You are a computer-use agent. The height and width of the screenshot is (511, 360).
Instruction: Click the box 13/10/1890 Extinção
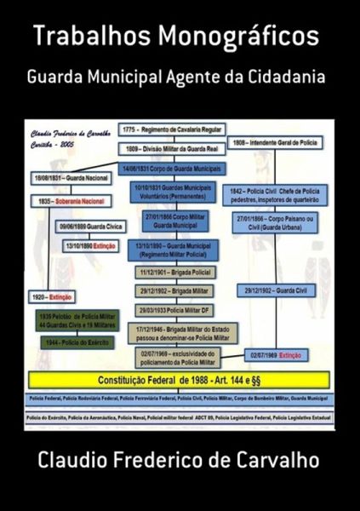point(89,244)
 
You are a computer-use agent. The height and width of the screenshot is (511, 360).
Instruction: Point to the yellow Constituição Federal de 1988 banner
point(180,377)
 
